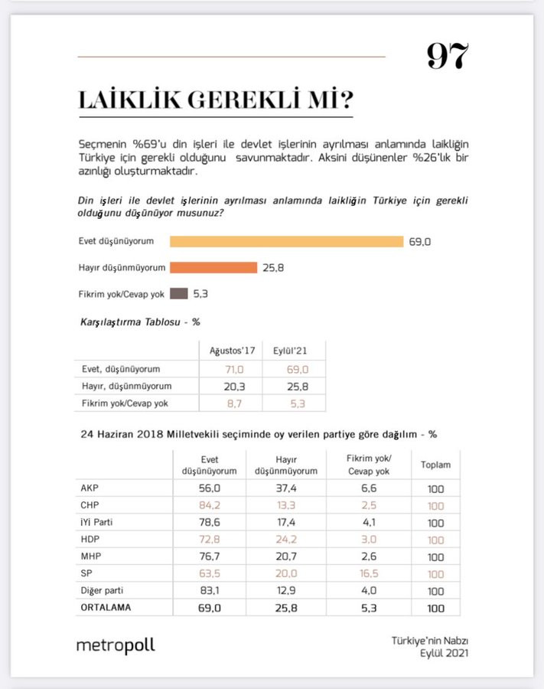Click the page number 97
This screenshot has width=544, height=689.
pyautogui.click(x=448, y=57)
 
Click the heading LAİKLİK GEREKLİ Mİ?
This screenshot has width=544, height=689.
pyautogui.click(x=215, y=100)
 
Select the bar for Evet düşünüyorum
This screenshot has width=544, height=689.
pyautogui.click(x=286, y=242)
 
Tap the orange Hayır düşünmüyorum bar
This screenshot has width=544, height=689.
pyautogui.click(x=213, y=267)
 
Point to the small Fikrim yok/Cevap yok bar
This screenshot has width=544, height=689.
pyautogui.click(x=178, y=293)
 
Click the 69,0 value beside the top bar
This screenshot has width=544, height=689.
pyautogui.click(x=420, y=242)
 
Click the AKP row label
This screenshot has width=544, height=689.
pyautogui.click(x=90, y=488)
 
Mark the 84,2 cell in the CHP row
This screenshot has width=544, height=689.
pyautogui.click(x=209, y=505)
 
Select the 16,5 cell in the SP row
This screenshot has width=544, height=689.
pyautogui.click(x=369, y=573)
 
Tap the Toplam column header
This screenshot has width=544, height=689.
pyautogui.click(x=435, y=465)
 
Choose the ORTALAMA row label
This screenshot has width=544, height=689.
pyautogui.click(x=104, y=608)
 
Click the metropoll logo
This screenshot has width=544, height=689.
pyautogui.click(x=116, y=645)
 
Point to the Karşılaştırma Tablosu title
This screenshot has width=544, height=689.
pyautogui.click(x=135, y=322)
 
